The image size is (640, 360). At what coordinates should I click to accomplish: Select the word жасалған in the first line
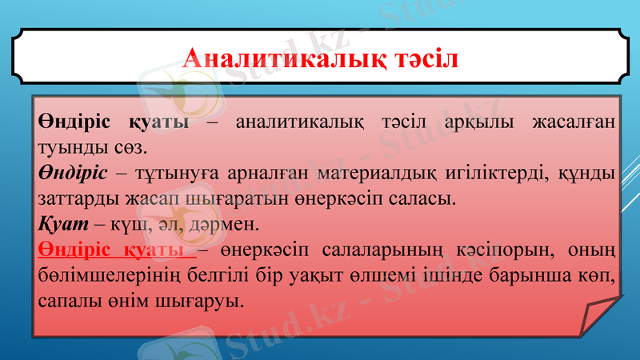(x=576, y=122)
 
